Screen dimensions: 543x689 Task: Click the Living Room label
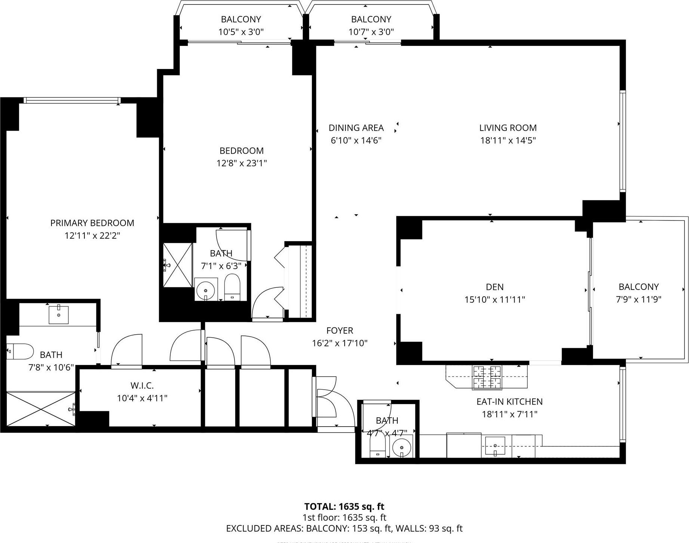(x=508, y=128)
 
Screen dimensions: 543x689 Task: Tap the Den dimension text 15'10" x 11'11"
(x=494, y=299)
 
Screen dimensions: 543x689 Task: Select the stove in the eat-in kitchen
(x=487, y=378)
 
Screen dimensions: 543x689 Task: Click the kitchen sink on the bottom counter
(x=495, y=446)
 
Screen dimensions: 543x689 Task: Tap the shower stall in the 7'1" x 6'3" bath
(x=178, y=265)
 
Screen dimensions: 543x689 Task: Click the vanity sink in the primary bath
(x=59, y=315)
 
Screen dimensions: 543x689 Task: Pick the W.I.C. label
(x=142, y=386)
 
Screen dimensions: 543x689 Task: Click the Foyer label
(x=339, y=330)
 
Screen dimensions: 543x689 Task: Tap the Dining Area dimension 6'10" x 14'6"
(x=356, y=140)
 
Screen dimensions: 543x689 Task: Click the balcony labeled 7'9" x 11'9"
(x=638, y=293)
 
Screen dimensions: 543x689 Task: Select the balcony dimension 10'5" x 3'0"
(x=241, y=32)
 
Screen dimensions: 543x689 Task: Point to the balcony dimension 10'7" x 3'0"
(x=371, y=32)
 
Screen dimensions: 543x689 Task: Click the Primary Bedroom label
(x=92, y=223)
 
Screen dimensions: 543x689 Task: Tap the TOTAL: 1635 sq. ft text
(x=344, y=506)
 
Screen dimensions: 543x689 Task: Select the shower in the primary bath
(x=41, y=408)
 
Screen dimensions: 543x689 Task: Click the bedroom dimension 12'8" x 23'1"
(x=241, y=163)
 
